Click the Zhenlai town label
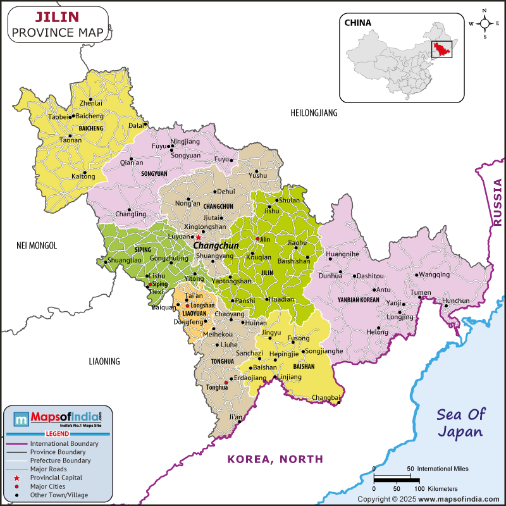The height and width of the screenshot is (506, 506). [x=91, y=103]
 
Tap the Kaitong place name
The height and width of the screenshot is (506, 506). [x=83, y=176]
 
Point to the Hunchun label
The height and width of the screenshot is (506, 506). [x=457, y=300]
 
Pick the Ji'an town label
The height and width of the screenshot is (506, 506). [x=235, y=417]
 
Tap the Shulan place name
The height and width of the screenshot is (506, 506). [x=290, y=201]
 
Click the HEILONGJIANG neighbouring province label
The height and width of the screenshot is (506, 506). [x=314, y=113]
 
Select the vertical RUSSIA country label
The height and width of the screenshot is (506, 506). [x=498, y=202]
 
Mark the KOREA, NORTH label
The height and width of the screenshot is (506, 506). [x=275, y=459]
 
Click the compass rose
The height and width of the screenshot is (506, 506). [x=484, y=24]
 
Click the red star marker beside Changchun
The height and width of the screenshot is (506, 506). [x=198, y=237]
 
